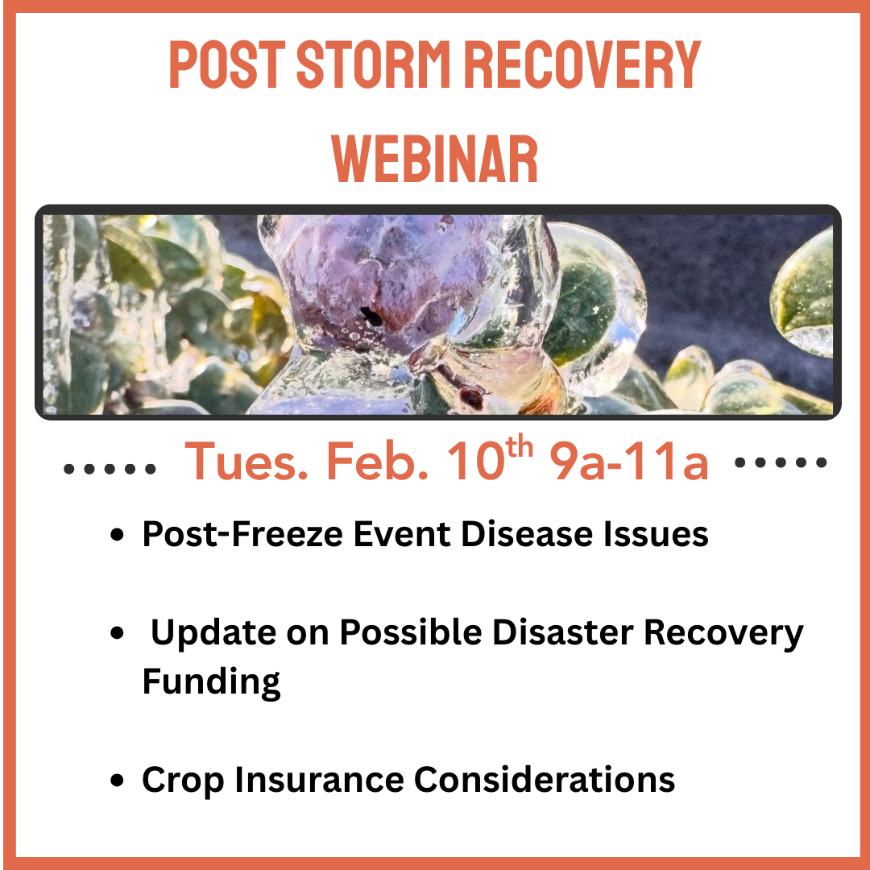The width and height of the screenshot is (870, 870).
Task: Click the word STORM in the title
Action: [373, 64]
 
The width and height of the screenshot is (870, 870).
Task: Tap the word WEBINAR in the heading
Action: [435, 159]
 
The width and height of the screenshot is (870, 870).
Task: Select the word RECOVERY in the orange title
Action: [582, 64]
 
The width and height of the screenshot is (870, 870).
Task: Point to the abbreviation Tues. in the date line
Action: [246, 461]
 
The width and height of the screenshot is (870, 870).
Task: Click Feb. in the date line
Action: [377, 461]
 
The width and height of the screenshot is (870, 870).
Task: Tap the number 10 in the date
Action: [475, 461]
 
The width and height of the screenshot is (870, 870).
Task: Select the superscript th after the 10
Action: [520, 445]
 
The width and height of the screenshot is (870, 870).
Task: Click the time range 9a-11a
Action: [629, 461]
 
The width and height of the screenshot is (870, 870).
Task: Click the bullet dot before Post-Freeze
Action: [117, 535]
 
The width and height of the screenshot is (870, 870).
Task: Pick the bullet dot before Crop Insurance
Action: [117, 780]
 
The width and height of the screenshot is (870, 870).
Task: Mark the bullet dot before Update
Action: [117, 632]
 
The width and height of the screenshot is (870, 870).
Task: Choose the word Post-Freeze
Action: [242, 534]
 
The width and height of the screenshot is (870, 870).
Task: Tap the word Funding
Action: [211, 682]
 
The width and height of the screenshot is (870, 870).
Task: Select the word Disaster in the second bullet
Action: [562, 632]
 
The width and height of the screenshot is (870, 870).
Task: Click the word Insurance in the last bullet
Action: [319, 780]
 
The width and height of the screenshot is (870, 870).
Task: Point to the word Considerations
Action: [545, 780]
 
